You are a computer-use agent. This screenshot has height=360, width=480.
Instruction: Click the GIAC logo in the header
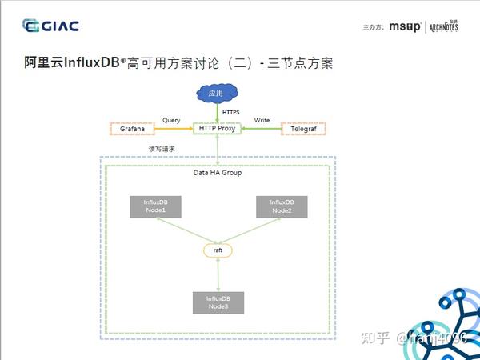tap(51, 26)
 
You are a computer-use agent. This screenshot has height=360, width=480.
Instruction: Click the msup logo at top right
tap(404, 26)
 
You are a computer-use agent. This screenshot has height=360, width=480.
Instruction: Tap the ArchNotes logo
tap(443, 26)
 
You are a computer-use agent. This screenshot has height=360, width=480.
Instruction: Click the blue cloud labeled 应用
tap(216, 94)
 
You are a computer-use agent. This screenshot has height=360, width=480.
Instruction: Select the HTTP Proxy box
tap(218, 128)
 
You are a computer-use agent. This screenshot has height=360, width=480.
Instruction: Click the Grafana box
tap(132, 129)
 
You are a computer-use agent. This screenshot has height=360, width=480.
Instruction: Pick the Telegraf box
tap(305, 129)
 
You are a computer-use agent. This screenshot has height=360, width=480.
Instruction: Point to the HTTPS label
tap(231, 112)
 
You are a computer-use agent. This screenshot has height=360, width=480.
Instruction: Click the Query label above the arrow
tap(171, 120)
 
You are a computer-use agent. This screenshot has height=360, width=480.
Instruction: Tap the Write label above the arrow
tap(262, 120)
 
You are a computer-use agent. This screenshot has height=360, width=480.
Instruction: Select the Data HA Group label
tap(218, 172)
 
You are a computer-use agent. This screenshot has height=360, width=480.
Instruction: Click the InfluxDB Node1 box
tap(155, 206)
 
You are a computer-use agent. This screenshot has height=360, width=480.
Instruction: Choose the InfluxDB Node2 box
tap(281, 206)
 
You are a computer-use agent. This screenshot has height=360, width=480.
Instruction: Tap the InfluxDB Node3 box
tap(218, 302)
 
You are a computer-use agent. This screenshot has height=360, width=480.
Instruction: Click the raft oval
tap(218, 250)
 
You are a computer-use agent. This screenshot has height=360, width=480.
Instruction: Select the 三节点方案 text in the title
tap(302, 62)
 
